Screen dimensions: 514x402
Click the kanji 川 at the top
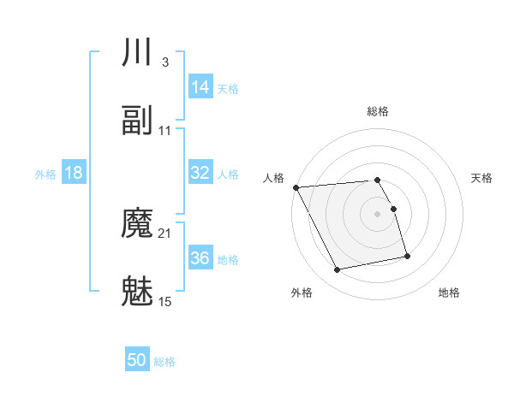point(138,53)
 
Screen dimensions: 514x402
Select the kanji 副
point(138,121)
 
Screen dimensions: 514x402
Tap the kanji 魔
point(138,224)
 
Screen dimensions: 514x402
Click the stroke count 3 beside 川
point(164,62)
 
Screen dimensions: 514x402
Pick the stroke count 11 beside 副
point(165,131)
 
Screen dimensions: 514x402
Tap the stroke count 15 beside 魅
point(165,302)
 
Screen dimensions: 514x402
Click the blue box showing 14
point(200,87)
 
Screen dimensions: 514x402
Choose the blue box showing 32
point(200,173)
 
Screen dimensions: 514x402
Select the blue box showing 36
point(200,258)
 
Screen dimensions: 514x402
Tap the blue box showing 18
point(74,173)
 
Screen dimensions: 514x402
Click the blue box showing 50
point(137,361)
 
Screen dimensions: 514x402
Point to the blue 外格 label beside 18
point(45,174)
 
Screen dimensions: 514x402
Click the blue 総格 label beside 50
point(164,363)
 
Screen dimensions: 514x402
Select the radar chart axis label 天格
point(482,178)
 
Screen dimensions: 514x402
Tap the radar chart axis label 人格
point(274,178)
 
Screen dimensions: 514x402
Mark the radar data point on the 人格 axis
point(296,187)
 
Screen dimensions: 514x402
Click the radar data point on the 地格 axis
point(407,256)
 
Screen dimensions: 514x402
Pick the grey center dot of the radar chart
point(377,214)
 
